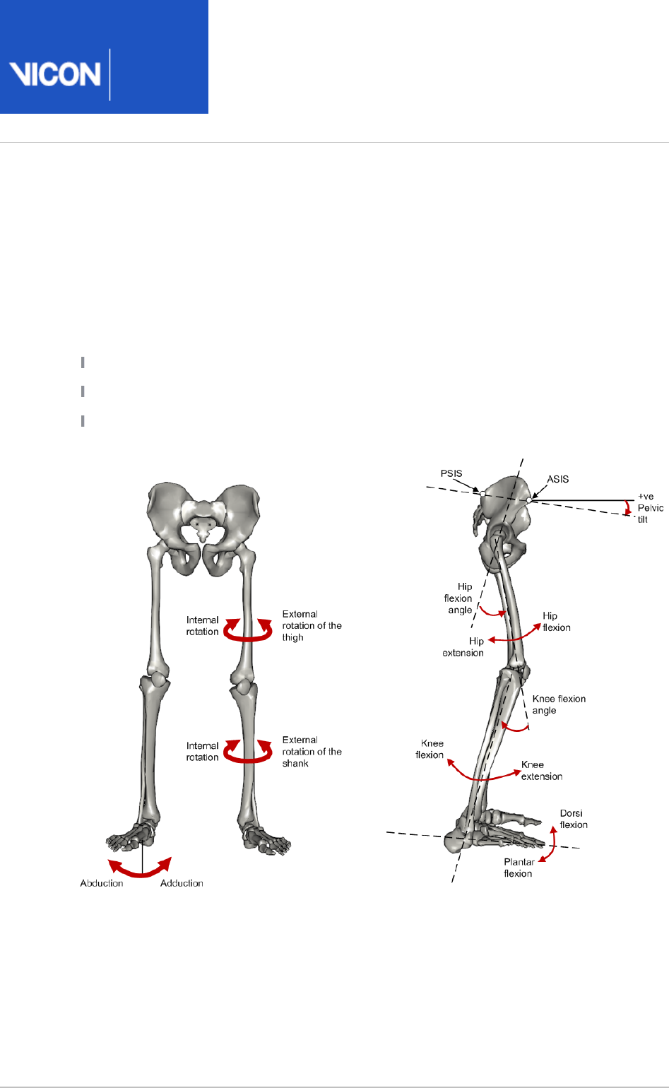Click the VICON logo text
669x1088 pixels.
[55, 74]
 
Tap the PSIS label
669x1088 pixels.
[451, 473]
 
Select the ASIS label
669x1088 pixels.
[557, 479]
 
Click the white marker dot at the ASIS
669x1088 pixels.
[529, 500]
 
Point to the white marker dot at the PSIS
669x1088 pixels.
[482, 494]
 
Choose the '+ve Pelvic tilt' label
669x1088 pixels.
[650, 507]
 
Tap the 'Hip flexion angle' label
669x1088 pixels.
[459, 598]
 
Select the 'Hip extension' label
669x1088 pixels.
[463, 647]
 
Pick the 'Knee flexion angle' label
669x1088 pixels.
[559, 704]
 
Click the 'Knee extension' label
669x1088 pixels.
[542, 770]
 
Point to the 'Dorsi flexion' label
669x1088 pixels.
[574, 819]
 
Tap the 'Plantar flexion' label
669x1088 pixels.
[519, 868]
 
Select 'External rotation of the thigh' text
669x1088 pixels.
[312, 625]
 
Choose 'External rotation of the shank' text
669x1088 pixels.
[312, 752]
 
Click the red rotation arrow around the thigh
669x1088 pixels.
[248, 631]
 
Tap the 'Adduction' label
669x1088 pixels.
[182, 883]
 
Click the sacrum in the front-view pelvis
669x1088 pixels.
[201, 521]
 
